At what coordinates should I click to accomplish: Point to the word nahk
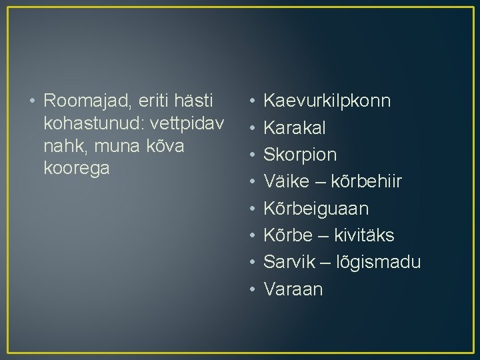pos(61,146)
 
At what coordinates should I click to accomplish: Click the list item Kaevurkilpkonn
pos(327,101)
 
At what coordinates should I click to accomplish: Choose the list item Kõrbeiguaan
pos(316,209)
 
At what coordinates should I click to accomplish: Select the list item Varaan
pos(293,289)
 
